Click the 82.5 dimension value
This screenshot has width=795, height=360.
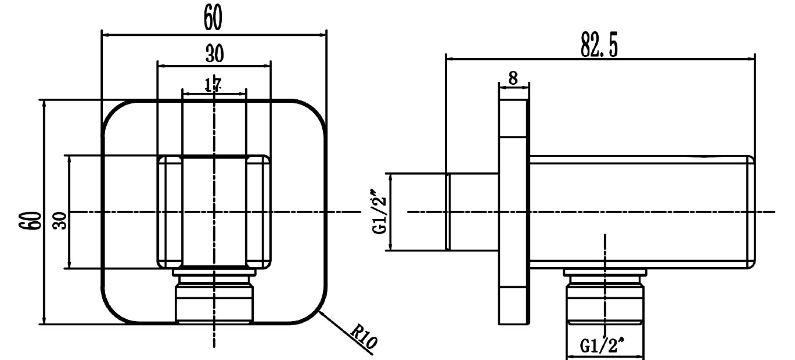tap(599, 46)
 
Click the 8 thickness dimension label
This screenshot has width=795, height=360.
tap(513, 78)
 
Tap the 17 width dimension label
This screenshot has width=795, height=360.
tap(213, 85)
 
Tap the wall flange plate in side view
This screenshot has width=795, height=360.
tap(514, 232)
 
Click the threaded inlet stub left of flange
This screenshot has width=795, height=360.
tap(473, 212)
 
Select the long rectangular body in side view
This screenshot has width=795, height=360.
tap(639, 212)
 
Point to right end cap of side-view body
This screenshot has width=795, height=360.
tap(751, 212)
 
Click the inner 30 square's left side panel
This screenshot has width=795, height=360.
tap(170, 212)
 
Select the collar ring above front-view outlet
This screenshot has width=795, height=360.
tap(214, 271)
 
